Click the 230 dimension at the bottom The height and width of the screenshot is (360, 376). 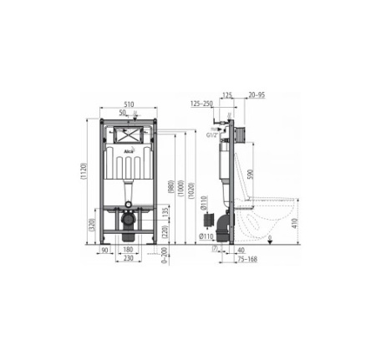point(128,258)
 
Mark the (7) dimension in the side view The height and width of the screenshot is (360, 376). point(215,249)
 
